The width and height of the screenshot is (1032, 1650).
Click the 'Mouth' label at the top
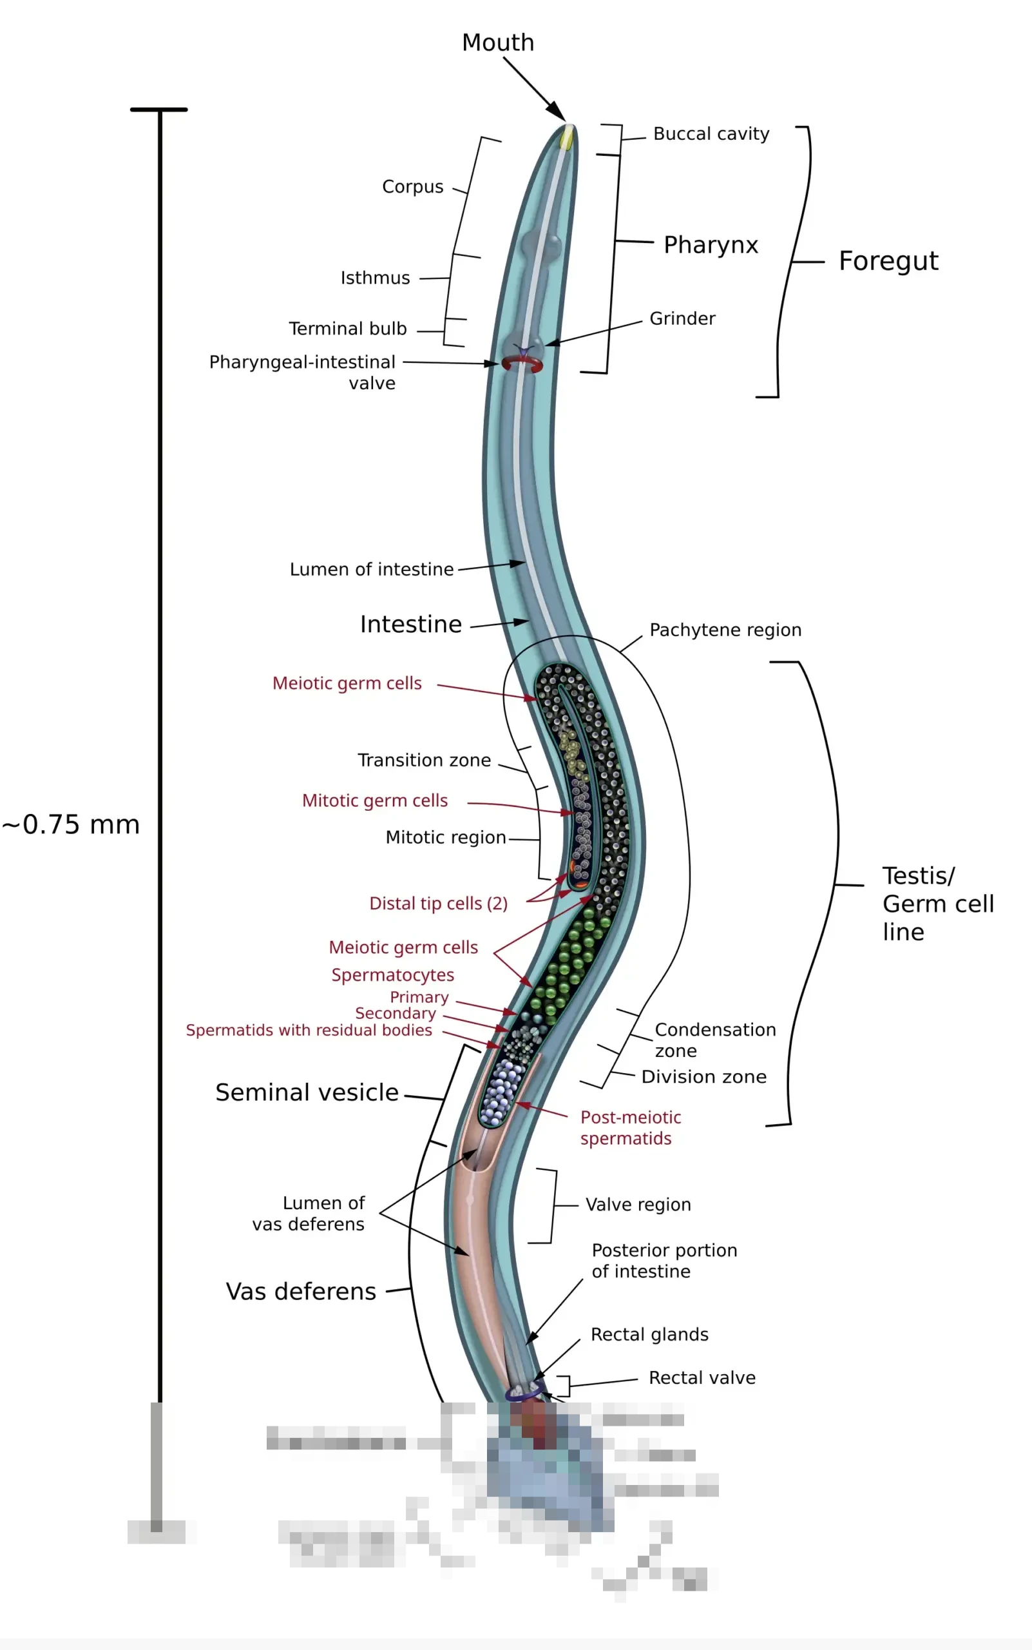pyautogui.click(x=497, y=43)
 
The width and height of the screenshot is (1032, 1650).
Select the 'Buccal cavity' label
pyautogui.click(x=711, y=134)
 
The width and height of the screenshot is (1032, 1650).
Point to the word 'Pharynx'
pyautogui.click(x=711, y=245)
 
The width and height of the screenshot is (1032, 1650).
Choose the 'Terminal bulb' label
pyautogui.click(x=347, y=329)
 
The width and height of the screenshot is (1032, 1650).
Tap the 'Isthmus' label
pyautogui.click(x=375, y=278)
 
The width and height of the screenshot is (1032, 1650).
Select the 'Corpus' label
pyautogui.click(x=412, y=187)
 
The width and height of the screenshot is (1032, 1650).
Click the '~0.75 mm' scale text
pyautogui.click(x=71, y=825)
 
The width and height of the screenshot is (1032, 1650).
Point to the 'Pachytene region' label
pyautogui.click(x=725, y=630)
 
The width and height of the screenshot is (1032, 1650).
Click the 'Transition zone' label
pyautogui.click(x=424, y=761)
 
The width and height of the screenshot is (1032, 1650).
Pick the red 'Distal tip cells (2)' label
pyautogui.click(x=438, y=904)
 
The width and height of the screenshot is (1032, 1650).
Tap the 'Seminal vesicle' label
pyautogui.click(x=307, y=1092)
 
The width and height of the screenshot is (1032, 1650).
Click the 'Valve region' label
pyautogui.click(x=638, y=1205)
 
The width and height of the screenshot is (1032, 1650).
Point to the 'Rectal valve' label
pyautogui.click(x=702, y=1378)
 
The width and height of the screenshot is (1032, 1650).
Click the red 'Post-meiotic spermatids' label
pyautogui.click(x=630, y=1128)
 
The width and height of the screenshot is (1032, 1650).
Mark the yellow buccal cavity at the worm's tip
pyautogui.click(x=566, y=139)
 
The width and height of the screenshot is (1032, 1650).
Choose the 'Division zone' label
pyautogui.click(x=703, y=1077)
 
